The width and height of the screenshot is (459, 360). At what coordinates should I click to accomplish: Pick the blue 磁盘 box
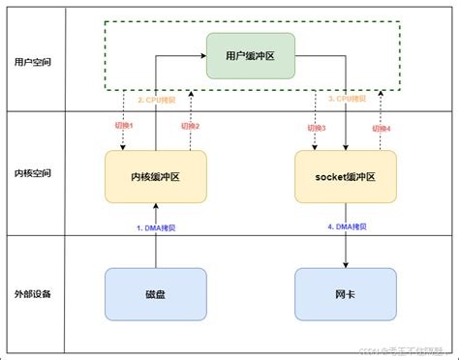tap(155, 293)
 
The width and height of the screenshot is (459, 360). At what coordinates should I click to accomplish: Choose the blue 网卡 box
tap(345, 293)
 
